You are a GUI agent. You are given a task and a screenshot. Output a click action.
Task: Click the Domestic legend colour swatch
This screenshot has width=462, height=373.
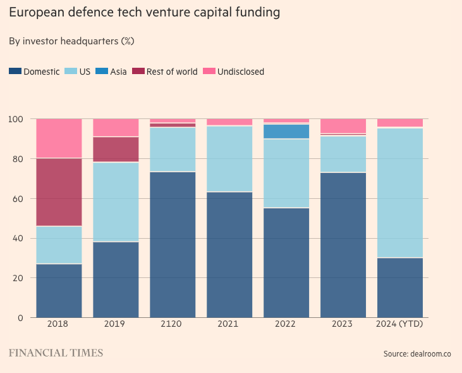15,72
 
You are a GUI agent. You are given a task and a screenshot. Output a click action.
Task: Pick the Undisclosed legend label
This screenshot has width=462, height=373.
240,72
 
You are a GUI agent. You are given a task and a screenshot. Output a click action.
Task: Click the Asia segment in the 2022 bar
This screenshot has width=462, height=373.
286,131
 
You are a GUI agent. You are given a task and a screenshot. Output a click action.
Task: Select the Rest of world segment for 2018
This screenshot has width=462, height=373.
59,192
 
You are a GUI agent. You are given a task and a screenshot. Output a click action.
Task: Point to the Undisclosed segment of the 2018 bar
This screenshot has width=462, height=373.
59,138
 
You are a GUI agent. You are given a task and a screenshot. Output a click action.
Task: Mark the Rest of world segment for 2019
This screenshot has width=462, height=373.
116,149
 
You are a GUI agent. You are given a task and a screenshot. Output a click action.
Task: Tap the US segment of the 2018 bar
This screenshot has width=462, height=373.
59,244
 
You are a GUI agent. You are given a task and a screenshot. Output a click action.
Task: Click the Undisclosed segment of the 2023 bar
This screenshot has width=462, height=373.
343,125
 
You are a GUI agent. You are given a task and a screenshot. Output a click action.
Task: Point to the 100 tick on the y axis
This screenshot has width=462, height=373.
16,119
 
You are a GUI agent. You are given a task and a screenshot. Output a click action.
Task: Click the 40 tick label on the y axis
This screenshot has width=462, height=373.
18,238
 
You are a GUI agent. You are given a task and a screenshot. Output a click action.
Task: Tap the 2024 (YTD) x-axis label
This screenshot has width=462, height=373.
400,324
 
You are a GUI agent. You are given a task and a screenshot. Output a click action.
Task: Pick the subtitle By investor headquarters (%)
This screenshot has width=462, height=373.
71,41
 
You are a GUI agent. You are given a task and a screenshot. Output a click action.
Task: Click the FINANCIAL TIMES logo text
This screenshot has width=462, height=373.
56,353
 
